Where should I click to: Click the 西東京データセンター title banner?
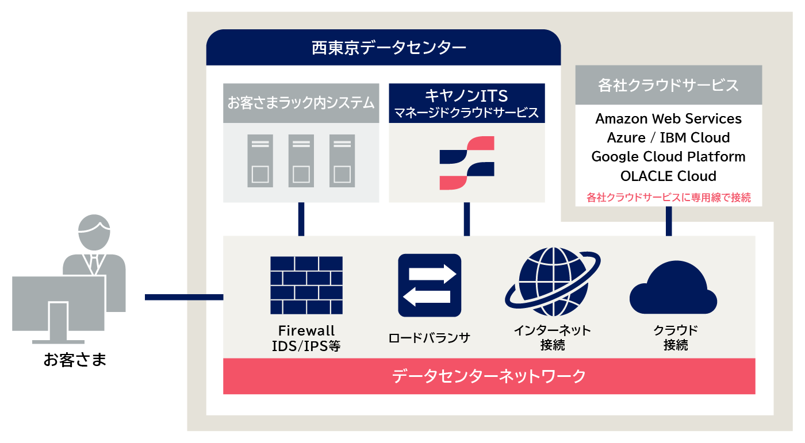(383, 47)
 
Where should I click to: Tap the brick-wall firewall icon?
(306, 285)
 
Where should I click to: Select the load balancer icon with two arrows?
(430, 286)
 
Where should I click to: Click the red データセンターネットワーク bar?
(489, 376)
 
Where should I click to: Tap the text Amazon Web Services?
(668, 118)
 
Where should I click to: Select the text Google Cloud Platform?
(668, 156)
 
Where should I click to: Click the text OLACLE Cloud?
(668, 176)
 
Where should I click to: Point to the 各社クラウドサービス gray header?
(668, 85)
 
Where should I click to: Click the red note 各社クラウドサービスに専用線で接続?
(668, 198)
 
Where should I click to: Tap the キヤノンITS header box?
(466, 103)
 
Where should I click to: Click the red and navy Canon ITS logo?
(466, 163)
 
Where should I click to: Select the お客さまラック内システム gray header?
(301, 103)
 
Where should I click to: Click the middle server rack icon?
(301, 160)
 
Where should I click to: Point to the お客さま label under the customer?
(75, 360)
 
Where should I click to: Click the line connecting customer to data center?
(183, 297)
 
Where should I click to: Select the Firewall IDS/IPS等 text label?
(306, 338)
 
